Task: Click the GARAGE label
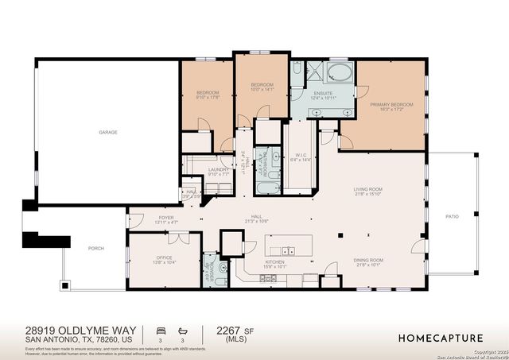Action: (x=108, y=132)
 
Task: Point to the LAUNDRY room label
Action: (x=218, y=170)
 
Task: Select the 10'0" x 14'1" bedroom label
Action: (x=262, y=87)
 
